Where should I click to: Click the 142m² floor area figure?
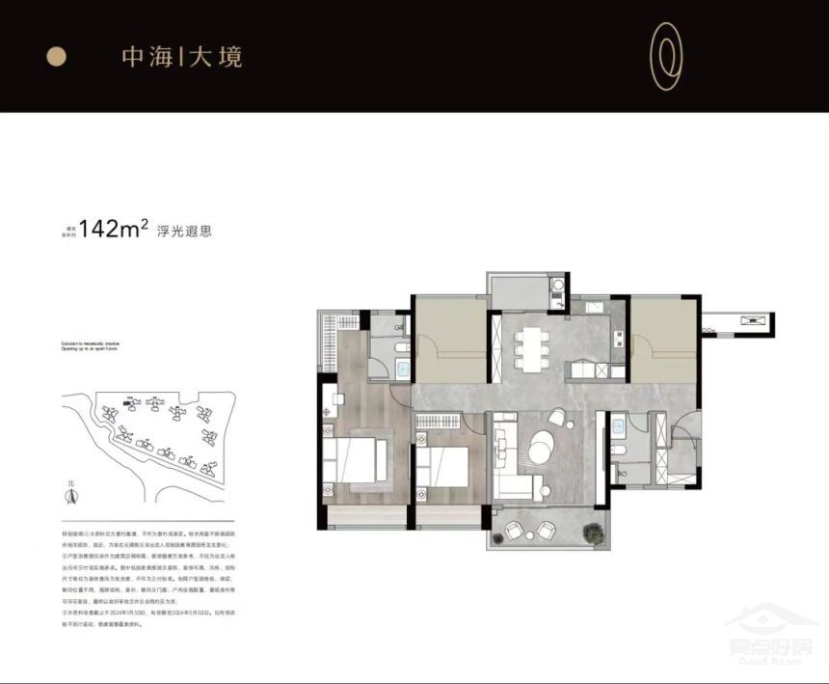(x=114, y=230)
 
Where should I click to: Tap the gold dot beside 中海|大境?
(x=57, y=57)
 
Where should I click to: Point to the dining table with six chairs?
(x=527, y=347)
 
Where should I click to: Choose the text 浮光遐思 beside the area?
(x=183, y=232)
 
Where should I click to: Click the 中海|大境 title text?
(x=182, y=57)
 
